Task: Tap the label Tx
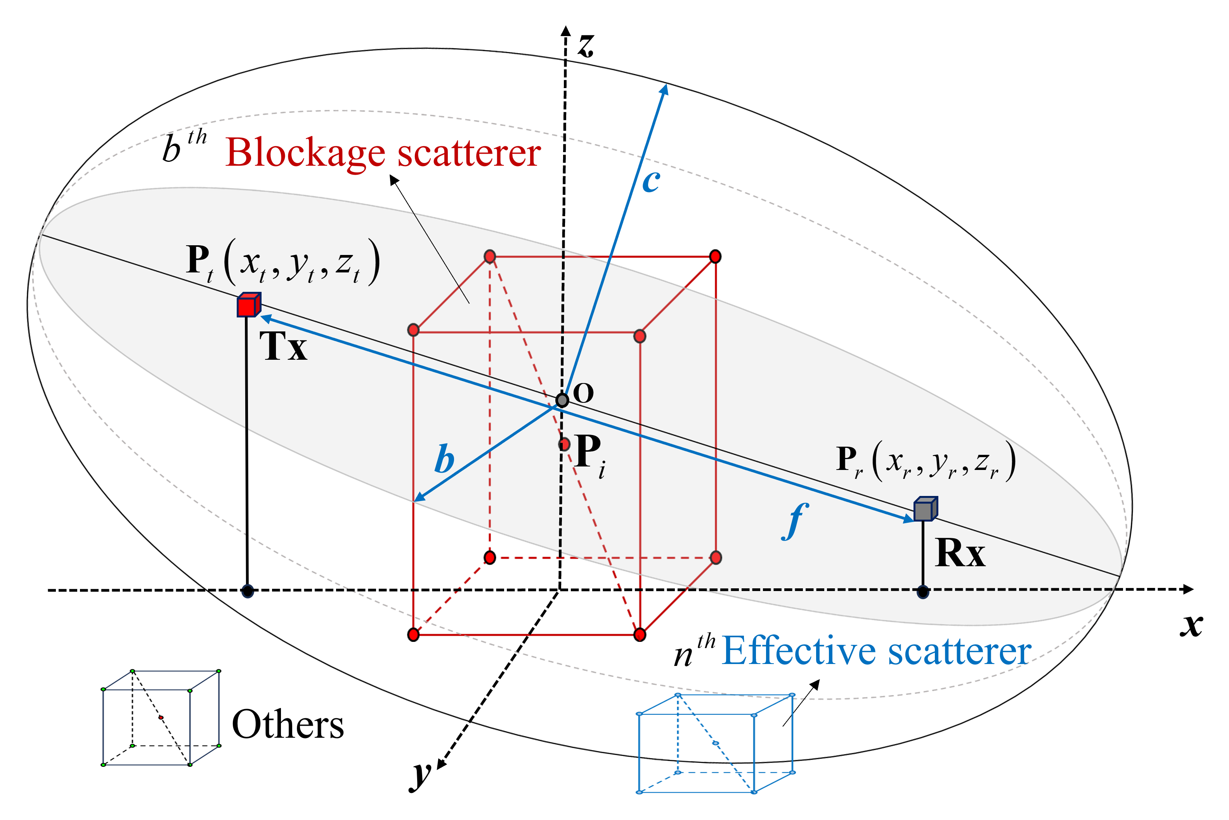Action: [283, 347]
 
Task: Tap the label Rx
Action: [960, 553]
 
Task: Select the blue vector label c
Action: [651, 181]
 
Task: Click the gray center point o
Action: [562, 400]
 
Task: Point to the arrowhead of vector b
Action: [418, 498]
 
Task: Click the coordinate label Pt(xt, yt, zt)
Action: [283, 262]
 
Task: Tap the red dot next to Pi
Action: [564, 444]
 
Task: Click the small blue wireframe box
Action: [716, 743]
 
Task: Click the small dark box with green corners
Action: [161, 718]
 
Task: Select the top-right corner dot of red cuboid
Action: [715, 256]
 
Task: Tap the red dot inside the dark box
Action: [161, 718]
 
